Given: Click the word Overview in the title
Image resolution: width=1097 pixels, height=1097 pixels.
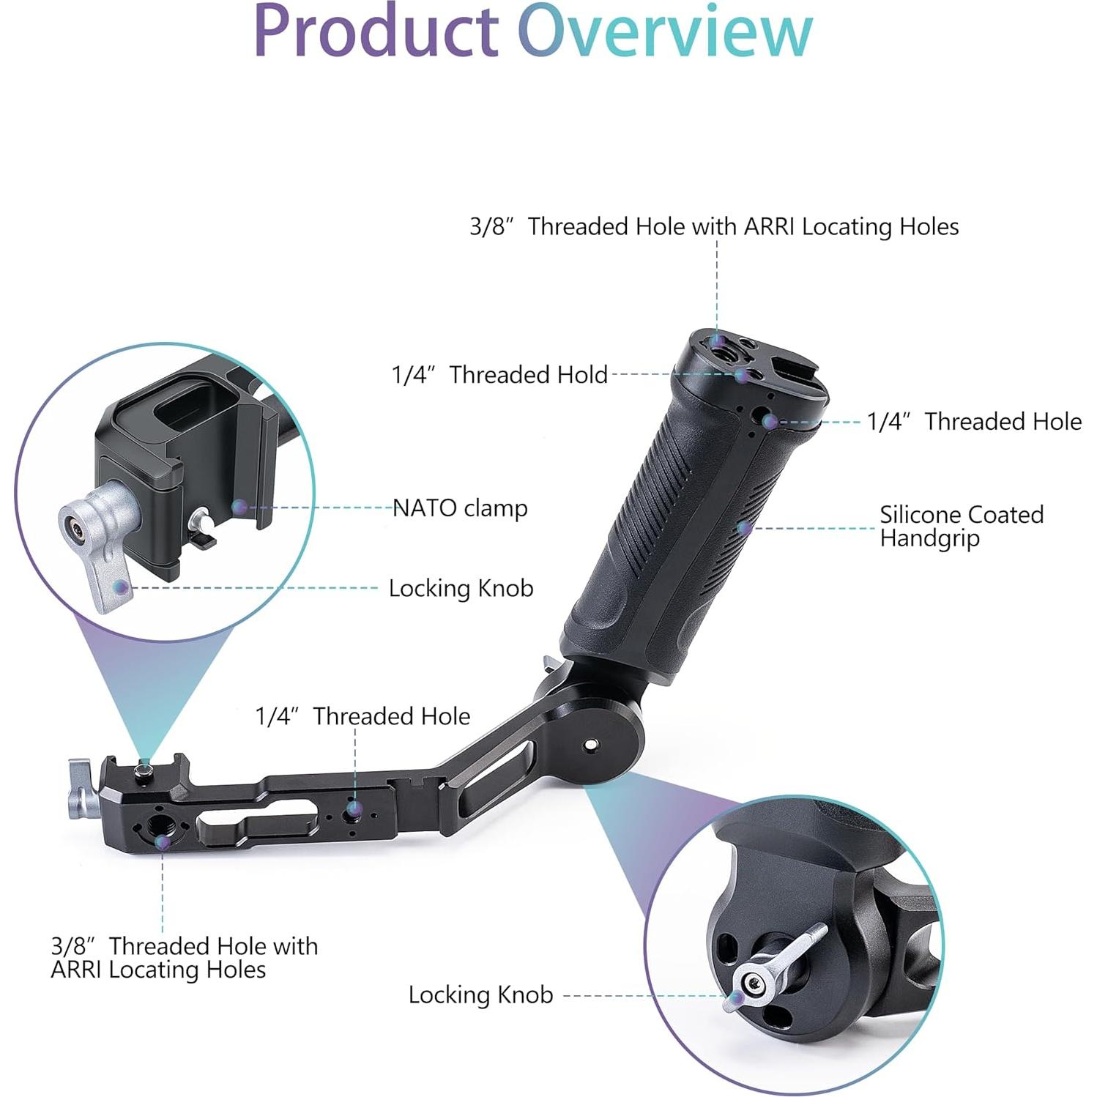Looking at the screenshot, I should click(x=665, y=32).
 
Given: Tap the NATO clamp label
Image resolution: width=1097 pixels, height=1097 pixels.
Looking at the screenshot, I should click(x=460, y=507).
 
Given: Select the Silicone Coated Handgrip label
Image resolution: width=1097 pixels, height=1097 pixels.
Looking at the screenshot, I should click(x=961, y=526).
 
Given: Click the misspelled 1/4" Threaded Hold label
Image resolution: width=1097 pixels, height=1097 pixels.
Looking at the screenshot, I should click(x=499, y=374).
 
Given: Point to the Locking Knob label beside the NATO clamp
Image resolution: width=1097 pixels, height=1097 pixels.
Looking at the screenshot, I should click(x=461, y=588).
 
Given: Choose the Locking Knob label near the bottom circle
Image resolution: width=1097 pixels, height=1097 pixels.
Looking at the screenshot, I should click(x=480, y=994).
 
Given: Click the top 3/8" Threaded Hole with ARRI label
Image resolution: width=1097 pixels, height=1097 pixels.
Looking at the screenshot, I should click(x=714, y=226).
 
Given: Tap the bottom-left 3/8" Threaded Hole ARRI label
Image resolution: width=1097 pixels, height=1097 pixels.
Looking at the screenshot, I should click(x=184, y=957).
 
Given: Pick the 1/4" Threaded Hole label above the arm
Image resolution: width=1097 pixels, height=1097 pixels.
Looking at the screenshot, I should click(x=362, y=715).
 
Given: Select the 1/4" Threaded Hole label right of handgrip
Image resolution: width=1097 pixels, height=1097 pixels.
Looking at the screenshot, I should click(x=973, y=421).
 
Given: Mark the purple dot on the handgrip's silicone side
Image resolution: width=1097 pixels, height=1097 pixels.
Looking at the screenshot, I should click(x=743, y=527).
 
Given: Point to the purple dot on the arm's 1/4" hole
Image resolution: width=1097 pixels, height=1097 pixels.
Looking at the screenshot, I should click(x=354, y=809).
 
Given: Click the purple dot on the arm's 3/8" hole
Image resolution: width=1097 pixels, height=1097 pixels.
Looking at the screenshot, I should click(x=163, y=842).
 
